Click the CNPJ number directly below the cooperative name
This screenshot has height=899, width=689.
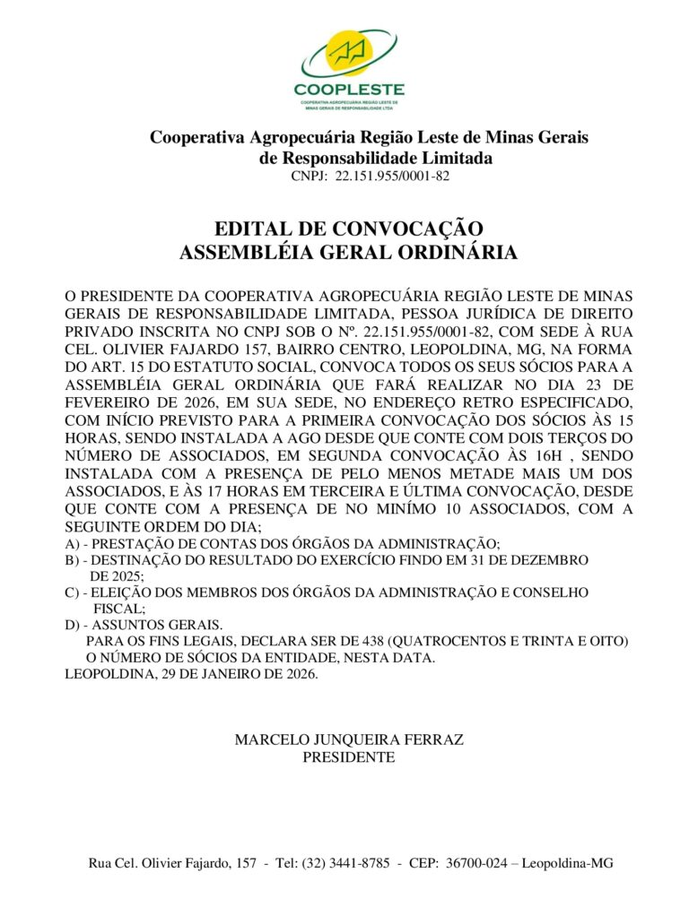pyautogui.click(x=392, y=177)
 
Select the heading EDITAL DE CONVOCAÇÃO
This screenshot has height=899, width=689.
pyautogui.click(x=349, y=229)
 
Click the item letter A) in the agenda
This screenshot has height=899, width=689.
pyautogui.click(x=72, y=543)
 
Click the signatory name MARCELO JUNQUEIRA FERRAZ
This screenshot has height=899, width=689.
pyautogui.click(x=349, y=740)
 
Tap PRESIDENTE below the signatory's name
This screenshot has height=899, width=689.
pyautogui.click(x=349, y=757)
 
